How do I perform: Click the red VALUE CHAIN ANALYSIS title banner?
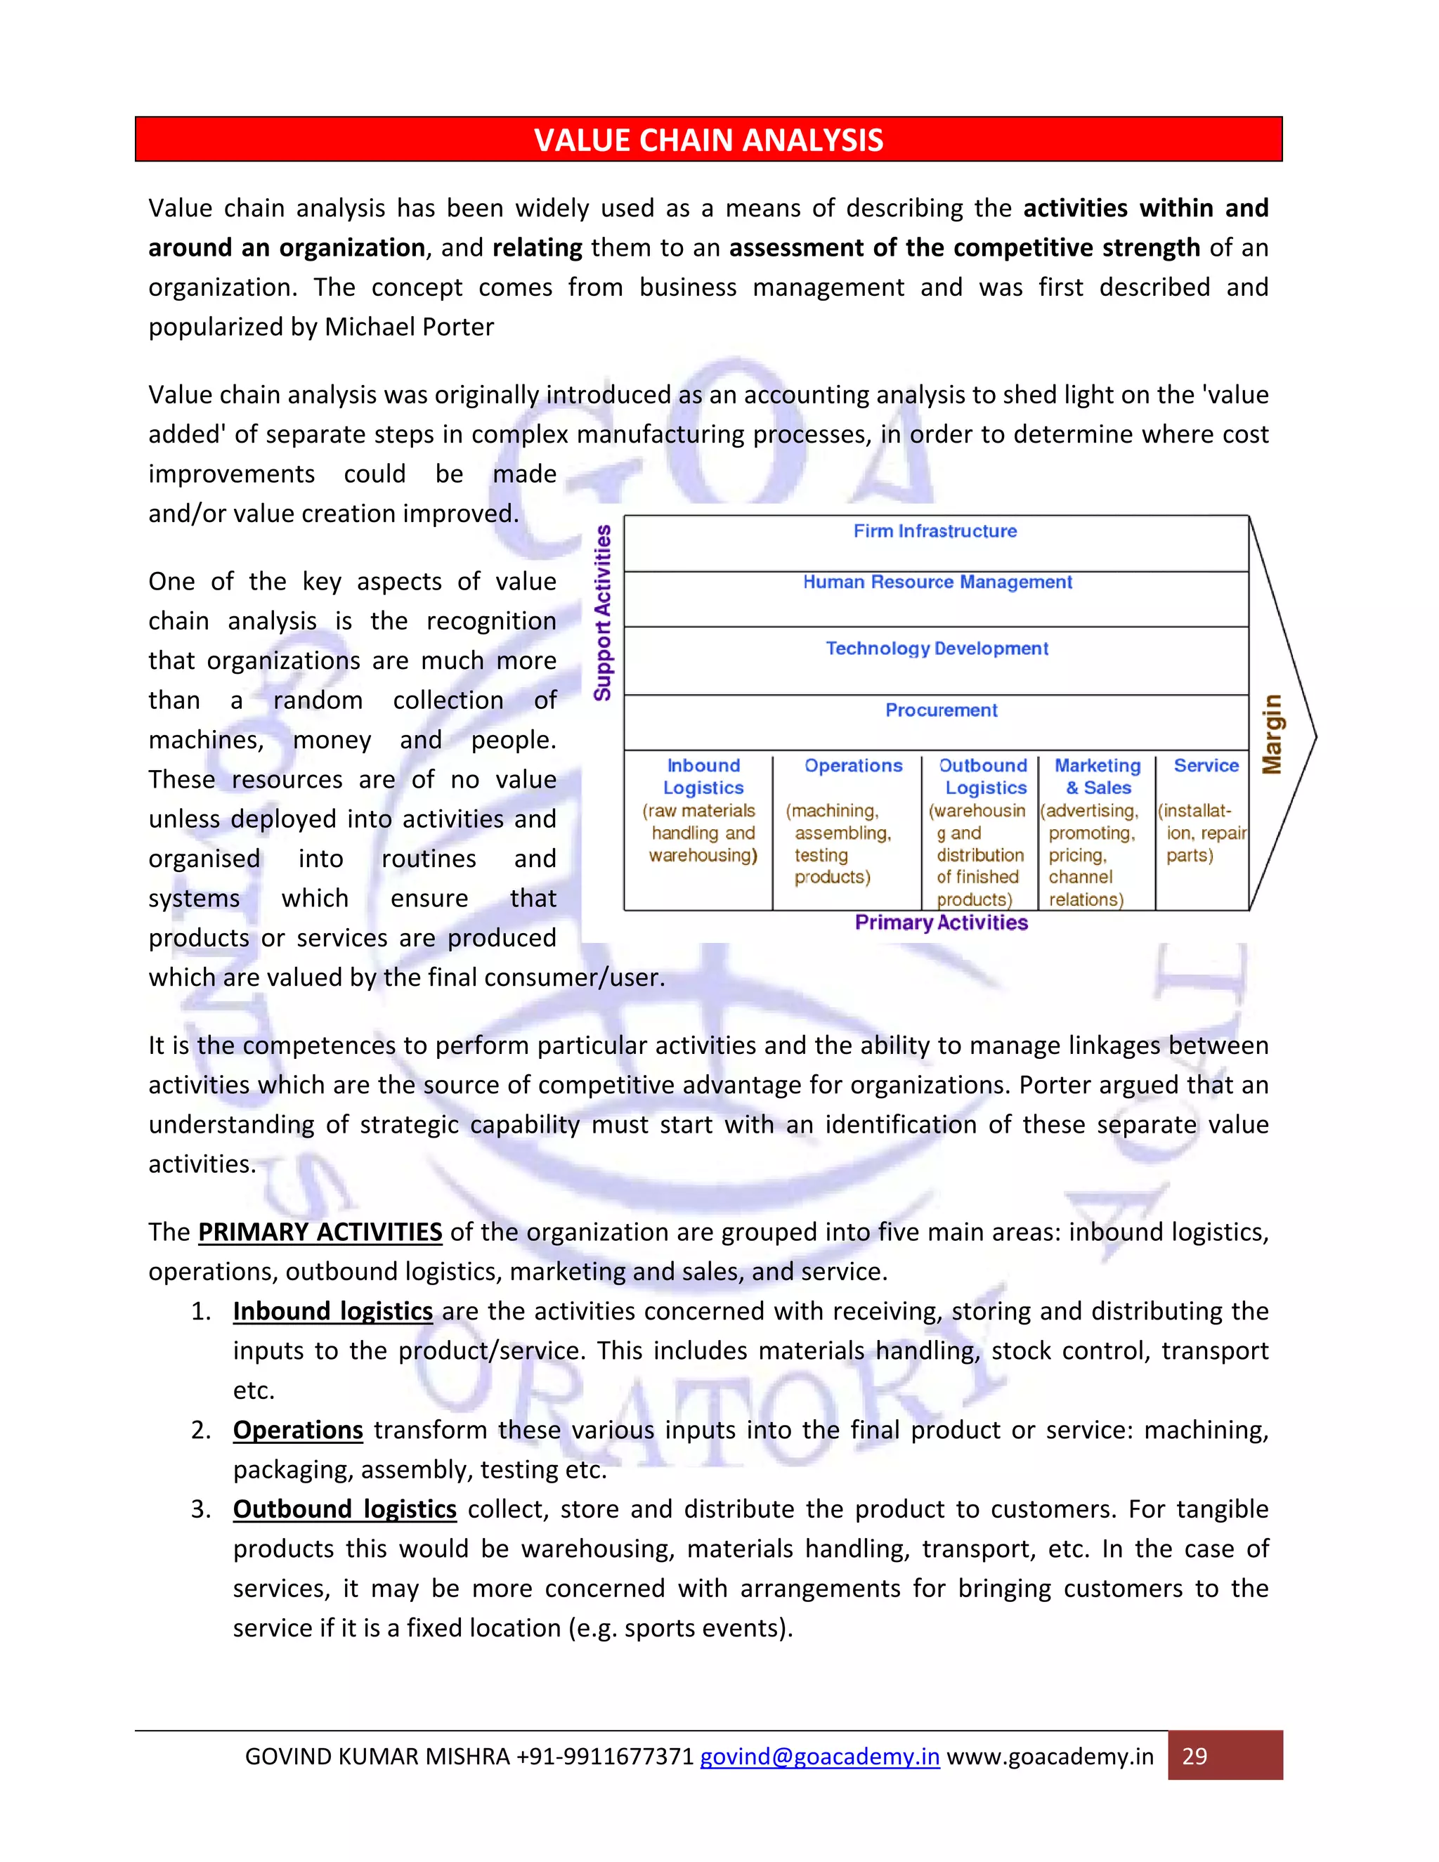pyautogui.click(x=708, y=139)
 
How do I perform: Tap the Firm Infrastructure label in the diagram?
pyautogui.click(x=935, y=531)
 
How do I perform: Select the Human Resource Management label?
pyautogui.click(x=937, y=582)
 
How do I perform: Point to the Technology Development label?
pyautogui.click(x=937, y=648)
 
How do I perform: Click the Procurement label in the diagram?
pyautogui.click(x=941, y=710)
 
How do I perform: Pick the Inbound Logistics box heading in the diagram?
pyautogui.click(x=703, y=776)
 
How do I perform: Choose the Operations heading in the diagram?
pyautogui.click(x=852, y=766)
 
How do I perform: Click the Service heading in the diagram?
pyautogui.click(x=1206, y=766)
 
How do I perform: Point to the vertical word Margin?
pyautogui.click(x=1272, y=734)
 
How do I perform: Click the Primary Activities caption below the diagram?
pyautogui.click(x=941, y=923)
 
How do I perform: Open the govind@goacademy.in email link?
pyautogui.click(x=819, y=1757)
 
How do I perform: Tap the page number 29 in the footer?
pyautogui.click(x=1194, y=1757)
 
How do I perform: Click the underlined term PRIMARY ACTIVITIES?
pyautogui.click(x=320, y=1232)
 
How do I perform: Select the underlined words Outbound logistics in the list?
pyautogui.click(x=344, y=1509)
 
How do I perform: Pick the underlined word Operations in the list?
pyautogui.click(x=297, y=1430)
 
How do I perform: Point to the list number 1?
pyautogui.click(x=200, y=1311)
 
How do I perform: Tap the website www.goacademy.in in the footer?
pyautogui.click(x=1050, y=1757)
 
